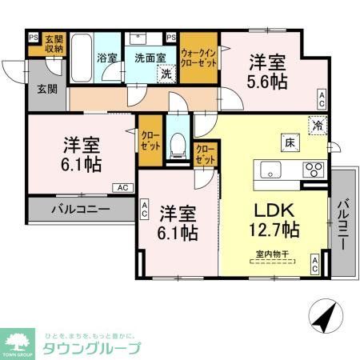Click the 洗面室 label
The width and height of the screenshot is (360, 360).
(x=150, y=58)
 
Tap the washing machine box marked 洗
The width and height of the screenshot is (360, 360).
(x=166, y=74)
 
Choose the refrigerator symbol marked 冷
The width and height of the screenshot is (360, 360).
(x=318, y=124)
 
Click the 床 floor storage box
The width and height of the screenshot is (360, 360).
(x=285, y=143)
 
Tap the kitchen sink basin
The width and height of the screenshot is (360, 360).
(x=269, y=169)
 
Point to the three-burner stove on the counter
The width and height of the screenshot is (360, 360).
(x=313, y=170)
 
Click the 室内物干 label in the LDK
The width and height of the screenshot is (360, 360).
(x=271, y=255)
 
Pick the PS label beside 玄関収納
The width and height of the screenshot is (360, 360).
(x=33, y=36)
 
